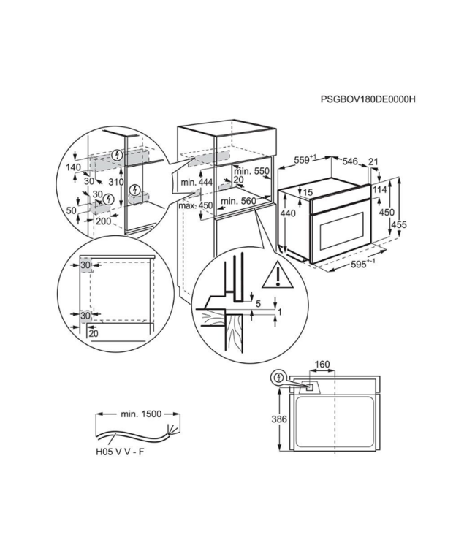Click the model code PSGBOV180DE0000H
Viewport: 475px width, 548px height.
pos(373,99)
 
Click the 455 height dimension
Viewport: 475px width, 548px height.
pos(399,225)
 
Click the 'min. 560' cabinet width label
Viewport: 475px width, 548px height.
pos(238,200)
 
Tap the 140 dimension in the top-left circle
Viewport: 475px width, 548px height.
pos(73,167)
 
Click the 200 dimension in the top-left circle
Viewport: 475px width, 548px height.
pos(103,220)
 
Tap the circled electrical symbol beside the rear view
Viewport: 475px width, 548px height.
pos(278,378)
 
